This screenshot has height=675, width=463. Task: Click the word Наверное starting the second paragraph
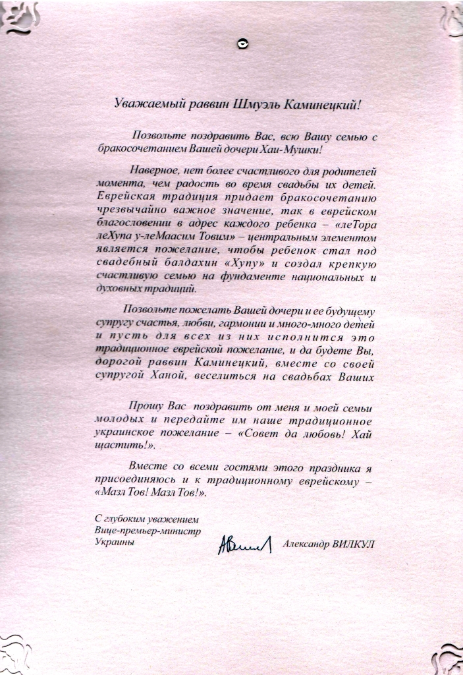[153, 169]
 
